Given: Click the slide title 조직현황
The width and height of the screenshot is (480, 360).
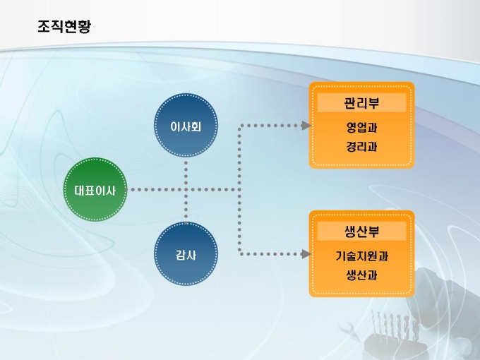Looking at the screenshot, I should point(64,27).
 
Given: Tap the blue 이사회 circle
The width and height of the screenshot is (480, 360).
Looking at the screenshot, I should point(186,127).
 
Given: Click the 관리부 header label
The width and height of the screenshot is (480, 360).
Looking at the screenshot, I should point(361,103).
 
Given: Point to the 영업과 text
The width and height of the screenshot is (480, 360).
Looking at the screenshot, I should point(361,129).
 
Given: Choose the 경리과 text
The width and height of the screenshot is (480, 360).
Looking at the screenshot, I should point(361,148).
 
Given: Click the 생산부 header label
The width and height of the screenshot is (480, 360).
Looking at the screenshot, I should point(361,232).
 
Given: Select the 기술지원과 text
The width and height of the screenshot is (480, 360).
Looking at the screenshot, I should point(361,256).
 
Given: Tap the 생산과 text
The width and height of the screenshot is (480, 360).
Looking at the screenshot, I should point(361,275).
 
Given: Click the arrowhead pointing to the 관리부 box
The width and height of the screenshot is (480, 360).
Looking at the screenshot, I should point(306,126).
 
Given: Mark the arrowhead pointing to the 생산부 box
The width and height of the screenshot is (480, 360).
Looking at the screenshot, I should point(306,253).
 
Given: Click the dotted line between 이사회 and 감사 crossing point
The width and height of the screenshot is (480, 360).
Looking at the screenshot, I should point(186,189).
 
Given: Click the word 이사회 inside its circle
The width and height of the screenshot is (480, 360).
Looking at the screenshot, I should point(186,127).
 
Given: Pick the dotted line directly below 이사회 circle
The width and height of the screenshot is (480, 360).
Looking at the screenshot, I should point(186,169).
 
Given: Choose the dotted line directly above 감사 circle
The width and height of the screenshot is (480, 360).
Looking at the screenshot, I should point(186,212).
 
